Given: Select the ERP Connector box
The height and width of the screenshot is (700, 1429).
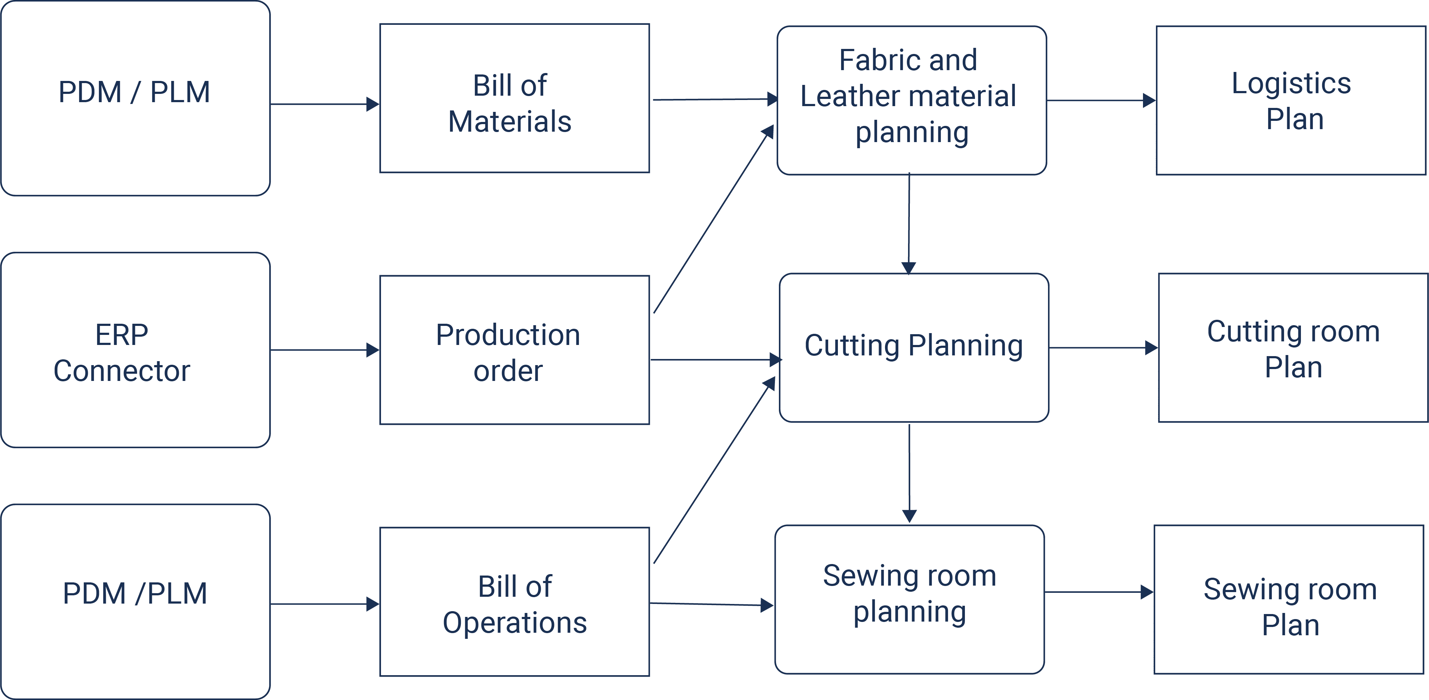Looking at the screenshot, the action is click(x=135, y=350).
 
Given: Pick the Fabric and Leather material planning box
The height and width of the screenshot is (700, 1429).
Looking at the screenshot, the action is click(x=912, y=100).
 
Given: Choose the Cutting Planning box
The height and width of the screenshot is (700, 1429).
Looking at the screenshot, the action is click(x=914, y=348).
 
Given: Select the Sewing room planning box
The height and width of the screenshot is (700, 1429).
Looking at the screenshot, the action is click(x=910, y=600).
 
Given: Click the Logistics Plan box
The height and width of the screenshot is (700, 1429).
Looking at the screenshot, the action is click(x=1292, y=100).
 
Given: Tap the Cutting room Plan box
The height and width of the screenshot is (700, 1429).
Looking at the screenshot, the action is click(x=1294, y=348).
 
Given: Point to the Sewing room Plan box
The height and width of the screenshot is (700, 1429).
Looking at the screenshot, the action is click(x=1289, y=600).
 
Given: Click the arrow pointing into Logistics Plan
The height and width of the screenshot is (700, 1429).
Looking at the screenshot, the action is click(x=1102, y=100).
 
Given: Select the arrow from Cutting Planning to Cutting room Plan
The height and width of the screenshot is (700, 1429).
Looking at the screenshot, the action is click(x=1104, y=348).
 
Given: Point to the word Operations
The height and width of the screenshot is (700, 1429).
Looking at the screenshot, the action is click(x=515, y=623).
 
